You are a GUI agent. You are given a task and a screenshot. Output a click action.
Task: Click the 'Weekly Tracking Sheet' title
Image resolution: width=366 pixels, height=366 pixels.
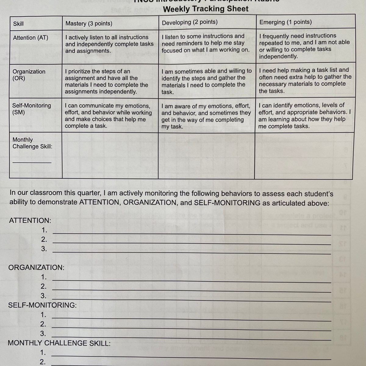(x=206, y=9)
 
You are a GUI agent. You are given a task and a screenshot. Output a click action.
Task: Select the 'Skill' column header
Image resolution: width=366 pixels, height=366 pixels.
(x=18, y=24)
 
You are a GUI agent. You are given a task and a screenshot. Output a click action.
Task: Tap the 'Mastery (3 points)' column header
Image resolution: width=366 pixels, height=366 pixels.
(x=89, y=23)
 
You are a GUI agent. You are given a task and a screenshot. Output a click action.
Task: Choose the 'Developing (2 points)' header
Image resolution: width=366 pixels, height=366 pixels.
(x=190, y=22)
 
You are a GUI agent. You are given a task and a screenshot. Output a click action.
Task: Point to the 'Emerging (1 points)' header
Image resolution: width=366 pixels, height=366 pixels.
(x=285, y=22)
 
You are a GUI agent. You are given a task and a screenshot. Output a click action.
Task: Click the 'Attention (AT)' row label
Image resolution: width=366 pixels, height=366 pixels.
(x=30, y=38)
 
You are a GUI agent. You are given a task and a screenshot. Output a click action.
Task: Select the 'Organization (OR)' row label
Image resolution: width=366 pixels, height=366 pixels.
(x=29, y=75)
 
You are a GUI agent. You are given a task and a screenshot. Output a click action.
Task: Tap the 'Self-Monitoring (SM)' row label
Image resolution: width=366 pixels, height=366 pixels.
(x=31, y=109)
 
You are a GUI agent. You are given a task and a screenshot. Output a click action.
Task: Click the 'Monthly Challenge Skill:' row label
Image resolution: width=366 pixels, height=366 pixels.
(x=32, y=143)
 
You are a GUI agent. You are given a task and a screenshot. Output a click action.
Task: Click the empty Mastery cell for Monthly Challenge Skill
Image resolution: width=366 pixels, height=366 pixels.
(x=110, y=155)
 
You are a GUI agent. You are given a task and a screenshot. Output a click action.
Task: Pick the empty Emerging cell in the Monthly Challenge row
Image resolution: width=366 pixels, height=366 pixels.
(x=303, y=155)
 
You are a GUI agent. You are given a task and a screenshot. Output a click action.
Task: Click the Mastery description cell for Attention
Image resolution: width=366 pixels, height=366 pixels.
(x=109, y=44)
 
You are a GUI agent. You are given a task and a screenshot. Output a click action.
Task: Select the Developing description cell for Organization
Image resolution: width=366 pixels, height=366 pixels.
(x=206, y=81)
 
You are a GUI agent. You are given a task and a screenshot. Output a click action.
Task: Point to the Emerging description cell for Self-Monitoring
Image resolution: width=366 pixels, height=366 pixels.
(x=304, y=116)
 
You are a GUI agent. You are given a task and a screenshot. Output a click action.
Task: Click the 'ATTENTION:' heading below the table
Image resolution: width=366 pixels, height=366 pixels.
(x=30, y=221)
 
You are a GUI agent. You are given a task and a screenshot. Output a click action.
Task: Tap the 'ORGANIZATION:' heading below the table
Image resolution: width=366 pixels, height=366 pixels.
(x=36, y=267)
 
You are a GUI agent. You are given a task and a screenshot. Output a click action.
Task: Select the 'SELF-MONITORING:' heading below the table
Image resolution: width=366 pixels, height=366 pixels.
(x=42, y=305)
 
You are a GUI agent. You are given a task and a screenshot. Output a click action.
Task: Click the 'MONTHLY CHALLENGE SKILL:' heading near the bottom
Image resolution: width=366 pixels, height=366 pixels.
(x=59, y=343)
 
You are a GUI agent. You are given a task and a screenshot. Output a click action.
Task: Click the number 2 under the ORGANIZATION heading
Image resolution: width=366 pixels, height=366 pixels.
(x=44, y=286)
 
